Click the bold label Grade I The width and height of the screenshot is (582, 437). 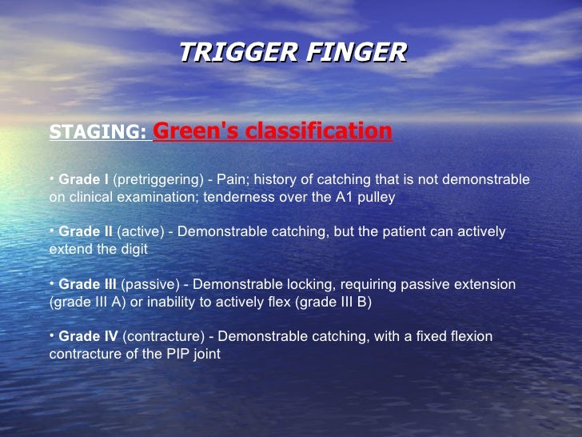83,180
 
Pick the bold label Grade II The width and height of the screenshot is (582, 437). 86,232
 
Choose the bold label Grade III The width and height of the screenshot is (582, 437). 87,285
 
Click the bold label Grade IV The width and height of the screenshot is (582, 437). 88,337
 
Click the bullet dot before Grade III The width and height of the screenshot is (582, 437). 52,283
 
